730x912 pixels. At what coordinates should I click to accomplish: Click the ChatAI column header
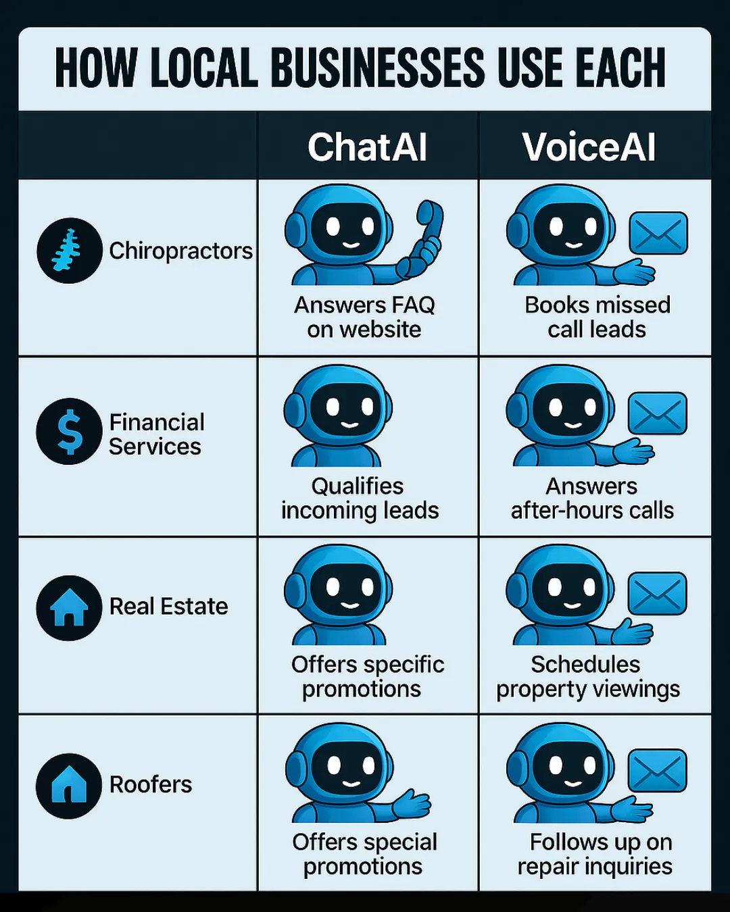pyautogui.click(x=367, y=147)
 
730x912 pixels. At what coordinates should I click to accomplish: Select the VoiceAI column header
pyautogui.click(x=589, y=147)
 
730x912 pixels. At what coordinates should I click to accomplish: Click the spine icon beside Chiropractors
pyautogui.click(x=69, y=251)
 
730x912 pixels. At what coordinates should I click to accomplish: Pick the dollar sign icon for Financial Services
pyautogui.click(x=69, y=432)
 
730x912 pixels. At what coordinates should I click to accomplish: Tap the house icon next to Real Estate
pyautogui.click(x=69, y=608)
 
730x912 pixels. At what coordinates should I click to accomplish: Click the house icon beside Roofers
pyautogui.click(x=69, y=786)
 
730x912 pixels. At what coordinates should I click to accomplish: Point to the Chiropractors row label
pyautogui.click(x=180, y=251)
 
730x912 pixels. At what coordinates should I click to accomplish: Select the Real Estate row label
pyautogui.click(x=168, y=607)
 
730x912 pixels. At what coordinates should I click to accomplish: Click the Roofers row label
pyautogui.click(x=151, y=784)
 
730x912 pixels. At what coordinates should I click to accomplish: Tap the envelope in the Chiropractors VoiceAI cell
pyautogui.click(x=658, y=233)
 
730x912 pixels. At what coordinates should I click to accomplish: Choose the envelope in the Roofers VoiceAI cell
pyautogui.click(x=657, y=770)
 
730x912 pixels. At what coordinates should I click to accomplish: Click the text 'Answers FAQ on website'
pyautogui.click(x=364, y=318)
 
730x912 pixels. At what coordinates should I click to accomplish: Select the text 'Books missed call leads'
pyautogui.click(x=598, y=318)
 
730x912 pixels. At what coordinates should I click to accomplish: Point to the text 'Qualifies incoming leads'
pyautogui.click(x=360, y=498)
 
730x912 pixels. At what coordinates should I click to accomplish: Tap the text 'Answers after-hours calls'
pyautogui.click(x=592, y=498)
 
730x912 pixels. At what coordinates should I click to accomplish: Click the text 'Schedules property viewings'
pyautogui.click(x=587, y=677)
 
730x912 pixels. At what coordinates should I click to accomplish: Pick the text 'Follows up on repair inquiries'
pyautogui.click(x=595, y=854)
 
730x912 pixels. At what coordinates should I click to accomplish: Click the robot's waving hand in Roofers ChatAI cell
pyautogui.click(x=411, y=804)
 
